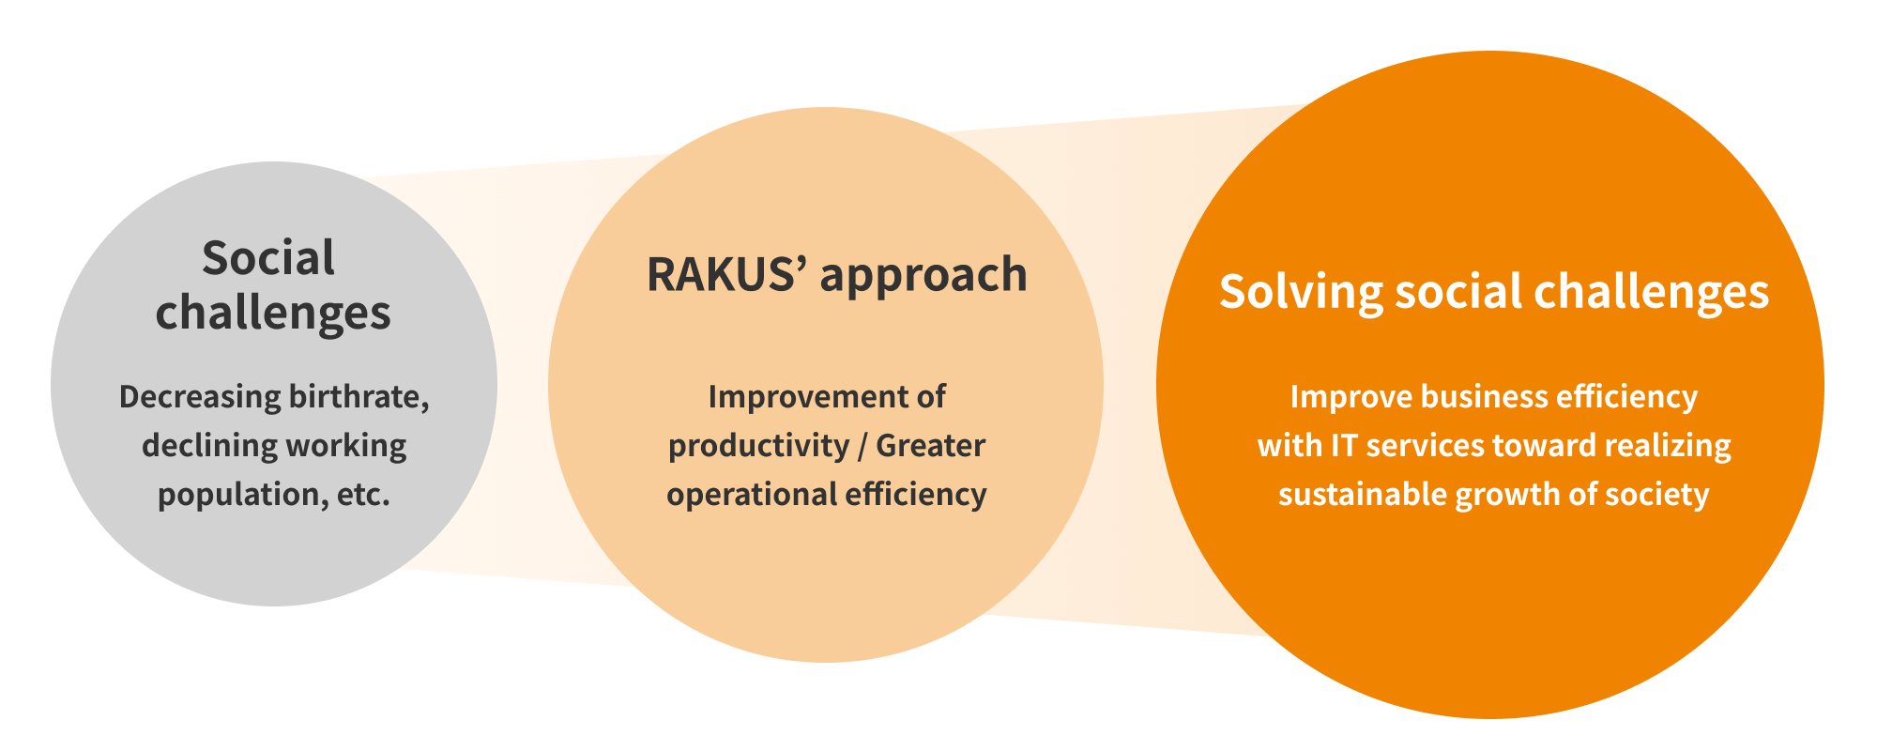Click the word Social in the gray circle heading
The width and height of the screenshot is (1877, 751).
268,258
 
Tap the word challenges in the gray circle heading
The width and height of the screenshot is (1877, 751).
273,313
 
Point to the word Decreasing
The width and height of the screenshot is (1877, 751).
200,397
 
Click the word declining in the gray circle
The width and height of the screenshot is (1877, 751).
198,446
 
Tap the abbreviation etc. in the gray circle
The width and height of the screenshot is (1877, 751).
363,495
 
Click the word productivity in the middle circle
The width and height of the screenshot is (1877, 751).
758,446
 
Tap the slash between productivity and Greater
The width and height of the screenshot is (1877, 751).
862,446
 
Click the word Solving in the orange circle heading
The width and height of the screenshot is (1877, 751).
1301,293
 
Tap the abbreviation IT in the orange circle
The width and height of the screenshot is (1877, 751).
1344,446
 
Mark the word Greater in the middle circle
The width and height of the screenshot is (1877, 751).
930,446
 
